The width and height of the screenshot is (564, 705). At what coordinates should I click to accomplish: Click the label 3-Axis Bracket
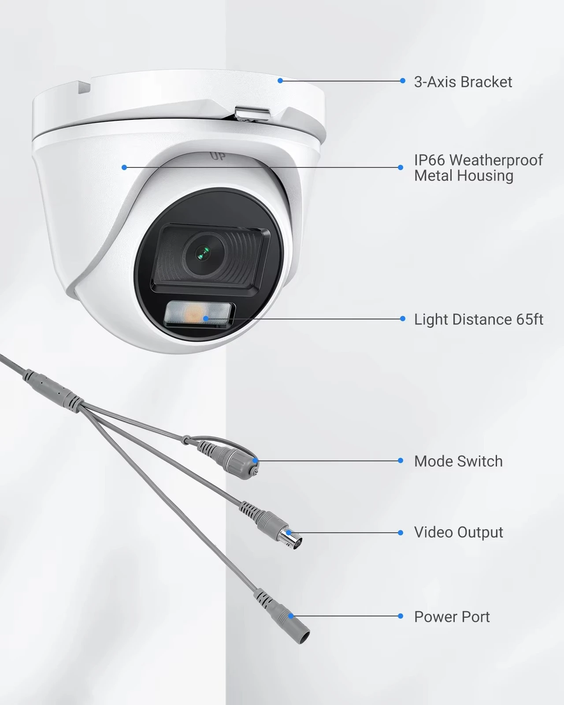pos(463,82)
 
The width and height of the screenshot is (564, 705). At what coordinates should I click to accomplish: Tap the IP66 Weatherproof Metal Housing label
pos(478,168)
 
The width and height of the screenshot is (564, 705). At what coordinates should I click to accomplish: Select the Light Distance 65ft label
pos(479,319)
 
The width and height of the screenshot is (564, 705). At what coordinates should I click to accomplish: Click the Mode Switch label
pos(458,461)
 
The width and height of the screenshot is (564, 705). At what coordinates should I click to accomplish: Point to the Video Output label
pos(458,532)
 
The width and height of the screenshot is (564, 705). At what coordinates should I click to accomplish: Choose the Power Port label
pos(452,617)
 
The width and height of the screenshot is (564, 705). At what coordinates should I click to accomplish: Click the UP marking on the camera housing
pos(216,156)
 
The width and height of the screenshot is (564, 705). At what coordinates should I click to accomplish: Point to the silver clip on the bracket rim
pos(252,114)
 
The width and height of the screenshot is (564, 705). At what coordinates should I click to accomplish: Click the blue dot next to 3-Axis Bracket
pos(402,81)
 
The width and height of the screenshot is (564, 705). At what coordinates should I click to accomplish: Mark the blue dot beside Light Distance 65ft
pos(402,319)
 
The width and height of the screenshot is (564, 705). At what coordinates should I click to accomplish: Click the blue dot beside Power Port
pos(401,616)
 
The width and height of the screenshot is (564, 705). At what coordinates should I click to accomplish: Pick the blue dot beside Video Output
pos(401,533)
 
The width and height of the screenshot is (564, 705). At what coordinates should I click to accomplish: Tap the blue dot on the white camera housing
pos(124,167)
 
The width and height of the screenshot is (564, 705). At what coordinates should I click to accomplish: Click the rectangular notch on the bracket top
pos(84,87)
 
